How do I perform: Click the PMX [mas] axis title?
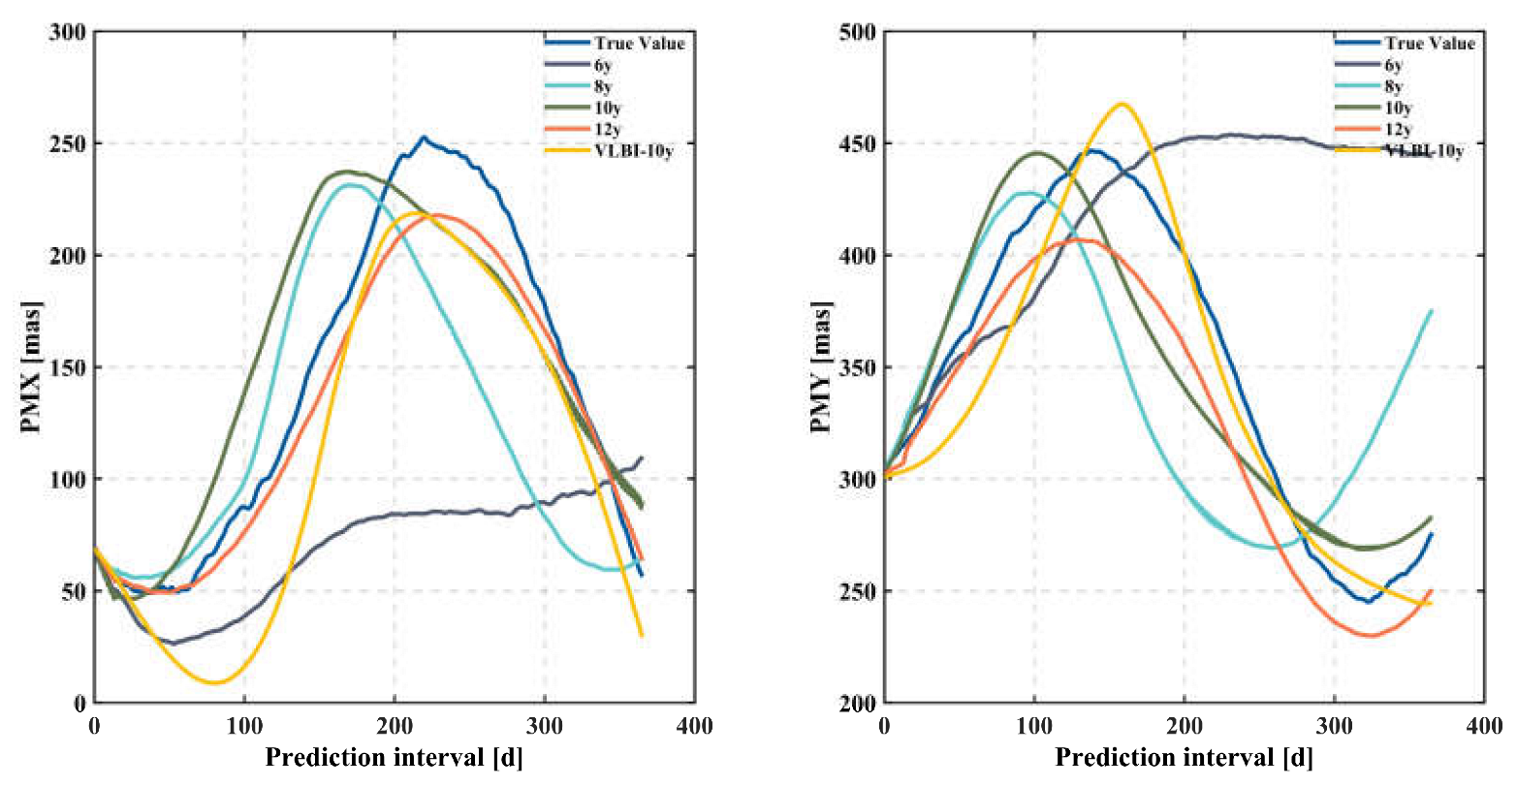pos(31,367)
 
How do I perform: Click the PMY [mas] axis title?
pos(821,367)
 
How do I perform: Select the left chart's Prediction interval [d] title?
pos(394,758)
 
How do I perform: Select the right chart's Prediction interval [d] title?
pos(1184,758)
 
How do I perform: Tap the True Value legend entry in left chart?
pos(640,44)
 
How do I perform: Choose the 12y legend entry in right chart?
pos(1398,129)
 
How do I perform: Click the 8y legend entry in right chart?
pos(1394,86)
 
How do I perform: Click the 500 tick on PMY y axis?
pos(859,32)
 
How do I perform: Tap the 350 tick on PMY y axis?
pos(859,367)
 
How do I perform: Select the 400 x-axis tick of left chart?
pos(694,726)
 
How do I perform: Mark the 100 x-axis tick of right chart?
pos(1034,726)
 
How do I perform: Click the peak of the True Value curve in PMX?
pos(423,138)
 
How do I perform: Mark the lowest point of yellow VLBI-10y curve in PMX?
pos(214,682)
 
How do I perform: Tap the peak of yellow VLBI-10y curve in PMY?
pos(1122,104)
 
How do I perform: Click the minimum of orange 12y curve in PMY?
pos(1370,636)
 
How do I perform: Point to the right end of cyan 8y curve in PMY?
pos(1432,310)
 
